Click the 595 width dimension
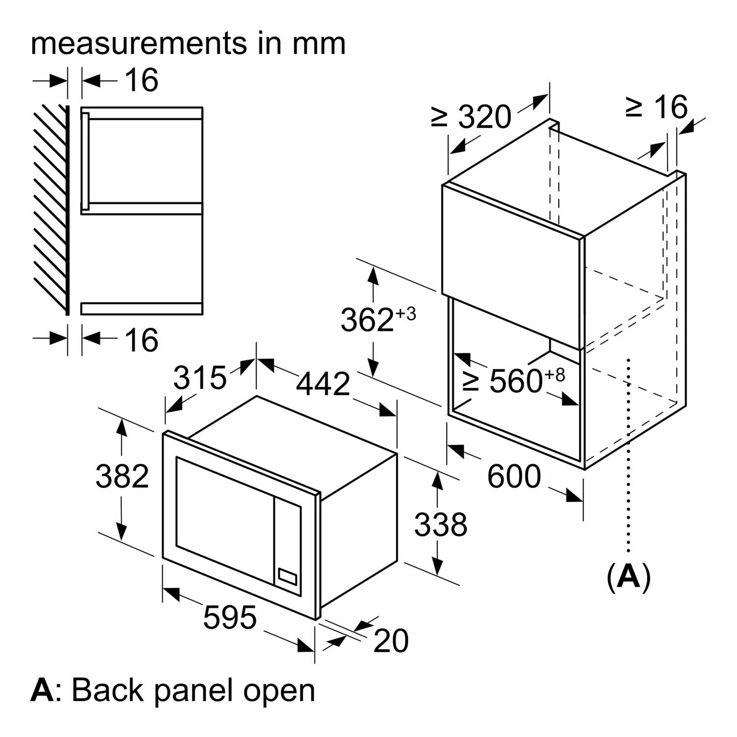coord(230,618)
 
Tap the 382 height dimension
coord(122,476)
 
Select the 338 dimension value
coord(440,524)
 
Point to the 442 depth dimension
coord(323,383)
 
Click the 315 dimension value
coord(200,378)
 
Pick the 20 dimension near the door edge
coord(391,641)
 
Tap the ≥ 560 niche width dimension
coord(514,380)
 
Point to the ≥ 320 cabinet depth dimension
coord(471,117)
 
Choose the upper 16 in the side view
coord(142,80)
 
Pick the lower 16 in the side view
coord(142,340)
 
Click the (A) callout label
coord(629,577)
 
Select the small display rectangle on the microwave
coord(287,577)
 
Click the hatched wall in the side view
coord(51,209)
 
